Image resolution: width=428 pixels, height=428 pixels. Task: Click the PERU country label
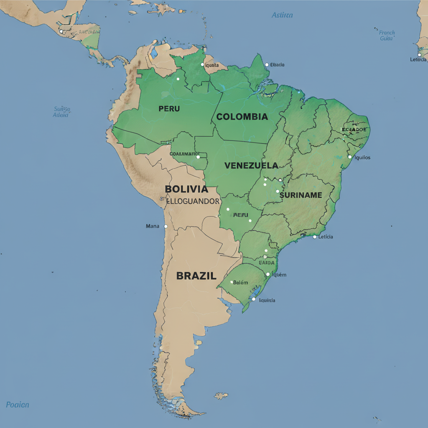point(169,109)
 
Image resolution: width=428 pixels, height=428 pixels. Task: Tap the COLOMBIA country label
point(242,117)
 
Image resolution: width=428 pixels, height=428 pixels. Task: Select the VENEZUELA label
point(251,166)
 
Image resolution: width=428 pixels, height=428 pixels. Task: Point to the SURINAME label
point(301,195)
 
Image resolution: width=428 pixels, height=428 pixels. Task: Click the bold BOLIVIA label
point(186,189)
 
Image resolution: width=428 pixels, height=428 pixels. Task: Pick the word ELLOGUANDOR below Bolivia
point(193,201)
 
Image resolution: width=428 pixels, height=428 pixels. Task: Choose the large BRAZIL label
point(196,276)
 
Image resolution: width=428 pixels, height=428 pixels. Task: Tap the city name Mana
point(152,226)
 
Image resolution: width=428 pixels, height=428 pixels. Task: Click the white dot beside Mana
point(166,226)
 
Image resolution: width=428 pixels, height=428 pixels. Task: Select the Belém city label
point(240,283)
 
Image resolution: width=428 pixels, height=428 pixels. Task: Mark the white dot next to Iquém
point(268,275)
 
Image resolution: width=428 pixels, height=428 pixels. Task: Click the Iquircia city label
point(267,300)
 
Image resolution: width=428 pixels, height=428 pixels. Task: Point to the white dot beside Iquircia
point(253,299)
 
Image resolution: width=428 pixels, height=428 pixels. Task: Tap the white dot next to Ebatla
point(267,65)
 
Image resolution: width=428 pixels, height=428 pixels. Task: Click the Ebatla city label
point(277,65)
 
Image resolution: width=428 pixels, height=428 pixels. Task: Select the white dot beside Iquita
point(202,65)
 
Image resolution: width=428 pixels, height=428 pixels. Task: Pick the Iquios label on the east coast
point(362,158)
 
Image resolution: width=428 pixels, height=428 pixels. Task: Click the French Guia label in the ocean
point(387,36)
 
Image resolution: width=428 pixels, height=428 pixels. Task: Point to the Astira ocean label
point(282,15)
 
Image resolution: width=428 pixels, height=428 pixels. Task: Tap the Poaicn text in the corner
point(18,405)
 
